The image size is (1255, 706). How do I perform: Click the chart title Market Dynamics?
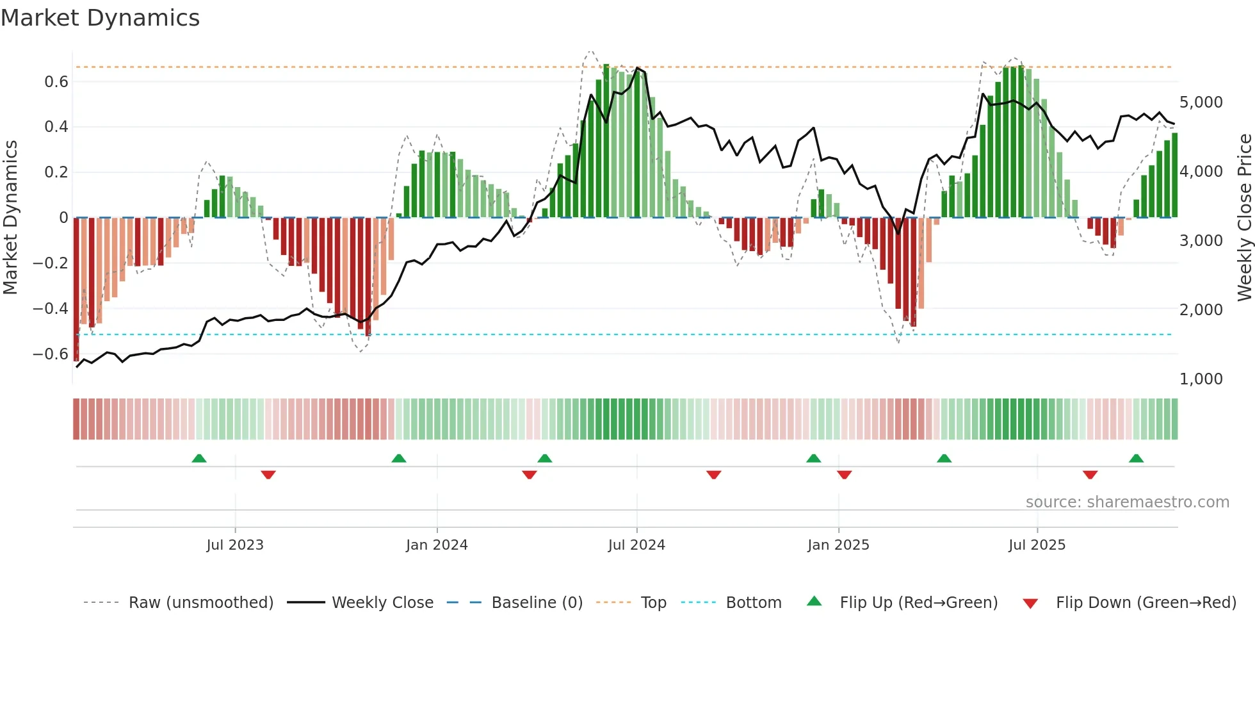coord(100,18)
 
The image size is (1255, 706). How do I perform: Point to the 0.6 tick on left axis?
coord(56,82)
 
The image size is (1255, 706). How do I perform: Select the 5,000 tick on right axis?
coord(1201,103)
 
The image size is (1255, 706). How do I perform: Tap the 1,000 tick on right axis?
coord(1201,379)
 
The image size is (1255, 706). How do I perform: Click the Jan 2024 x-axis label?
coord(437,545)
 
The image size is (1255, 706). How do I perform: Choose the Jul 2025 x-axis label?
coord(1037,545)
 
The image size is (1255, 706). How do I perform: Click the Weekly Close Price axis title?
coord(1244,218)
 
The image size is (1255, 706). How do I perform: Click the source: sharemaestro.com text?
coord(1127,502)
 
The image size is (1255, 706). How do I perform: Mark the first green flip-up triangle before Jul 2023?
coord(199,458)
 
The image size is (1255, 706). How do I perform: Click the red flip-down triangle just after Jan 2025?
coord(844,475)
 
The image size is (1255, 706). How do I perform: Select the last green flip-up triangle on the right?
coord(1136,458)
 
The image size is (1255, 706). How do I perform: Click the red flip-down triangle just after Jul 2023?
coord(268,475)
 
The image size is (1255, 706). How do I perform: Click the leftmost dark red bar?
coord(76,288)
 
